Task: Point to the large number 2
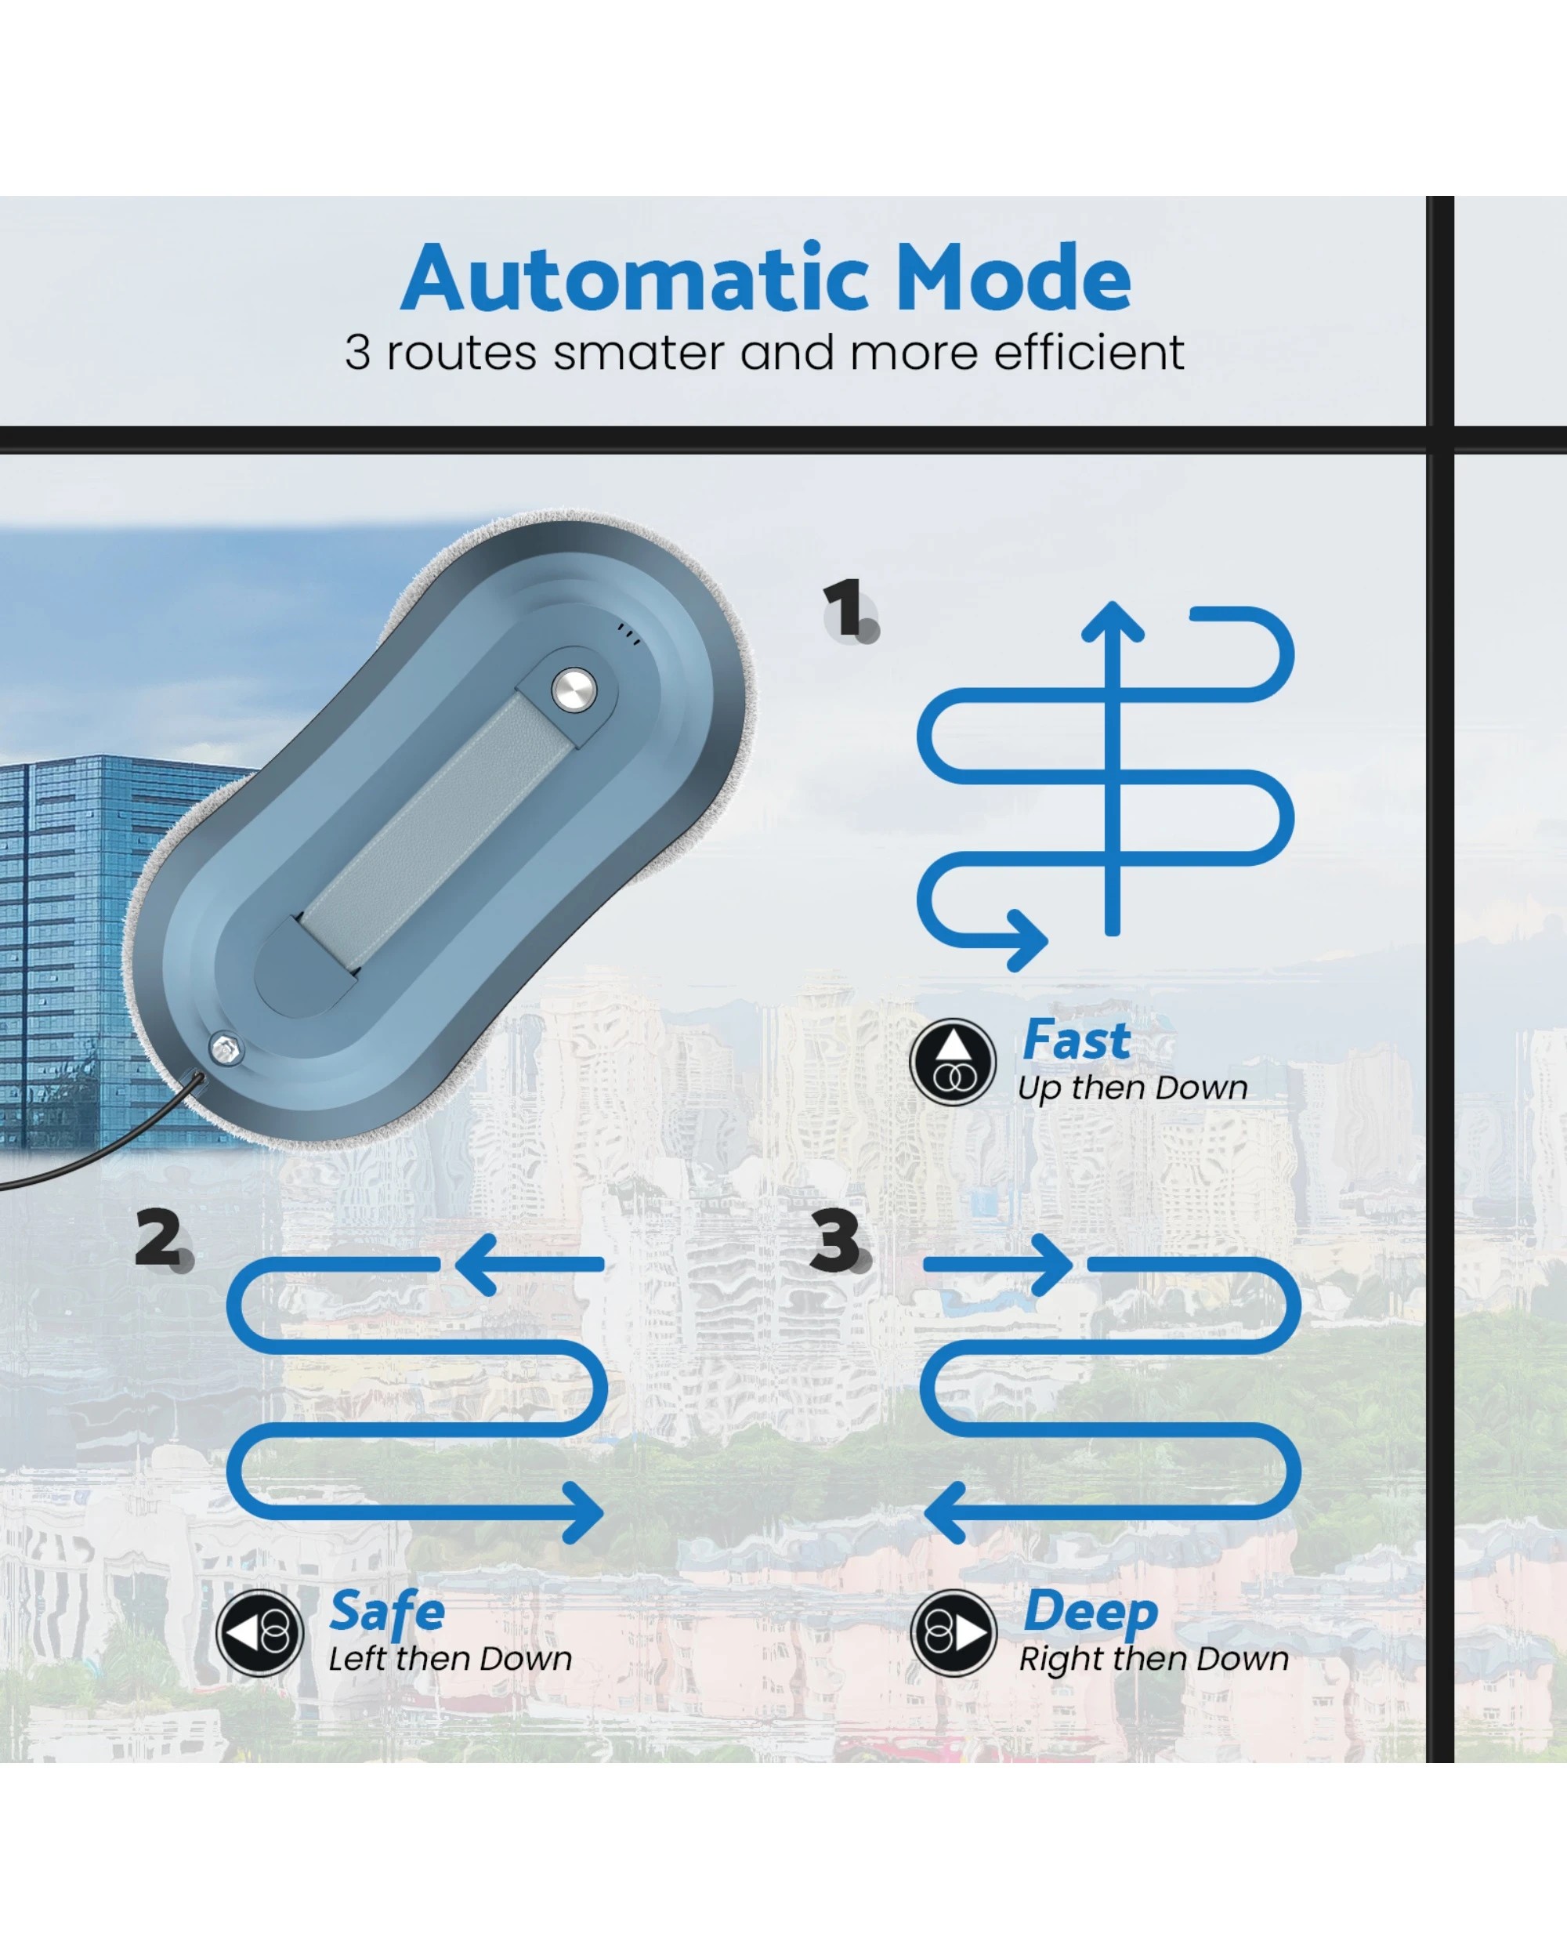point(159,1237)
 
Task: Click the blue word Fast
point(1077,1040)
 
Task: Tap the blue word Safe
point(387,1613)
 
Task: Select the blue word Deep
point(1090,1613)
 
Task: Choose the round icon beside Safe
point(260,1633)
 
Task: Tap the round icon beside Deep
point(954,1633)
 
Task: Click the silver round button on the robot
point(574,690)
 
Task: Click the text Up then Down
point(1132,1088)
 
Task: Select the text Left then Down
point(450,1659)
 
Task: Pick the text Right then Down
point(1153,1659)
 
